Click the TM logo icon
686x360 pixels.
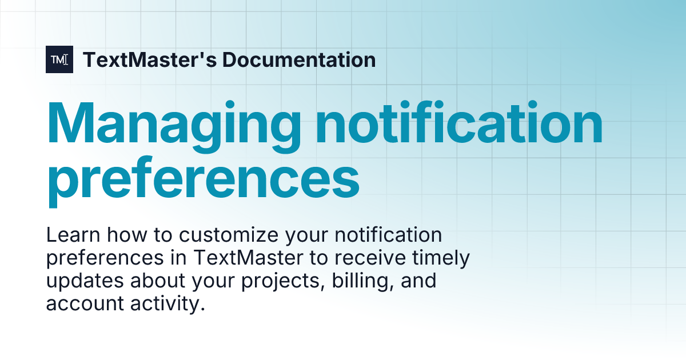point(59,59)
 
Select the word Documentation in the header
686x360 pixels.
point(299,59)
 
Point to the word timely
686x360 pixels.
point(443,258)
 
